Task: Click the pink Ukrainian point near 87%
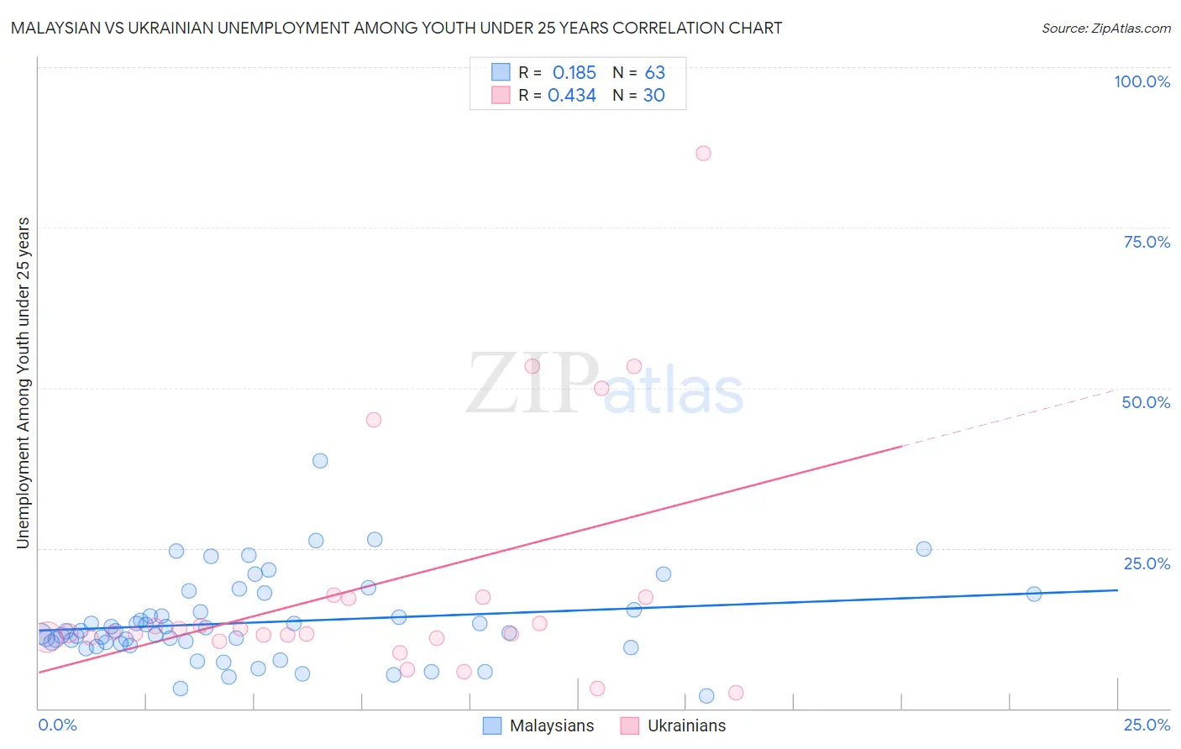point(703,153)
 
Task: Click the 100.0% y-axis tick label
point(1142,81)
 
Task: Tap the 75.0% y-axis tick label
point(1147,242)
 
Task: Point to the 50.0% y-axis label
point(1146,402)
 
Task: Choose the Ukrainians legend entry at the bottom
point(686,725)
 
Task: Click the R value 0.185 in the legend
point(574,73)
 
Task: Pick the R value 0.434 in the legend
point(571,96)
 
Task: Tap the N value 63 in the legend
point(654,73)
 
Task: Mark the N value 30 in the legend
point(653,96)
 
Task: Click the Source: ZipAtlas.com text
point(1105,29)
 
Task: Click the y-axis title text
point(23,383)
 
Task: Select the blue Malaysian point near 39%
point(320,460)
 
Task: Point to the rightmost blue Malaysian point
point(1034,594)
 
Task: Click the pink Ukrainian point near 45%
point(374,420)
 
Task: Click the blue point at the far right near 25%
point(923,549)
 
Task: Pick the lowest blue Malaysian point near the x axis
point(706,695)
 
